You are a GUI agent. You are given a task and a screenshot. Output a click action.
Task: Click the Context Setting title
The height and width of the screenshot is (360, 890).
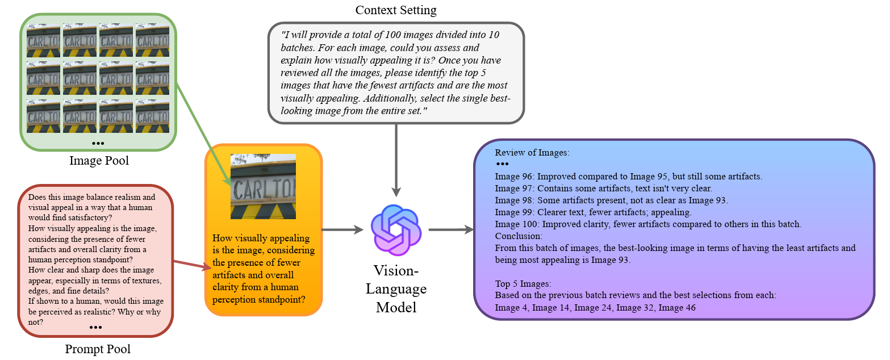click(x=396, y=10)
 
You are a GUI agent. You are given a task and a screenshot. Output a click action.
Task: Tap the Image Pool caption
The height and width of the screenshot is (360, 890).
click(x=99, y=161)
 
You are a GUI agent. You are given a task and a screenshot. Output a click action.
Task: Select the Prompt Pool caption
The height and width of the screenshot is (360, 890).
click(x=98, y=349)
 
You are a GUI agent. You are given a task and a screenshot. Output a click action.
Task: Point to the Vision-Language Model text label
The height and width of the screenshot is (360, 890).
click(x=396, y=288)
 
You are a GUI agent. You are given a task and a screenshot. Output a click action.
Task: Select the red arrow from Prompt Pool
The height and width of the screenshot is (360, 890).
click(x=187, y=266)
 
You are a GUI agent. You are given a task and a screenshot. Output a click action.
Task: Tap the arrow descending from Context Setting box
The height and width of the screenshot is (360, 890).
click(x=396, y=159)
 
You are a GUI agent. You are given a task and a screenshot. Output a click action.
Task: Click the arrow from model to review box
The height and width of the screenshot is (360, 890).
click(x=451, y=230)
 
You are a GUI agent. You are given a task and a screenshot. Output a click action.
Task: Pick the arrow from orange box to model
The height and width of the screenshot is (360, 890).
click(x=342, y=230)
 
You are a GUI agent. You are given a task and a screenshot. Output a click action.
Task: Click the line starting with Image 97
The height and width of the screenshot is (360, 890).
click(x=603, y=188)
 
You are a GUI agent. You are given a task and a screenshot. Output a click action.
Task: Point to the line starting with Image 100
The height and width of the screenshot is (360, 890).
click(x=647, y=224)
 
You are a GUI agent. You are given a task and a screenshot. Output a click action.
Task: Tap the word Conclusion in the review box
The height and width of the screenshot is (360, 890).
click(x=519, y=236)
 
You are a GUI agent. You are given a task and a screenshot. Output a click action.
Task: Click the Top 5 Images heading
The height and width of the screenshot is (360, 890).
click(x=523, y=283)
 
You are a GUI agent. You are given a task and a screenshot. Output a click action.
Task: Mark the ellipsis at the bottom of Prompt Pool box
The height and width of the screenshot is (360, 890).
click(x=95, y=328)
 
